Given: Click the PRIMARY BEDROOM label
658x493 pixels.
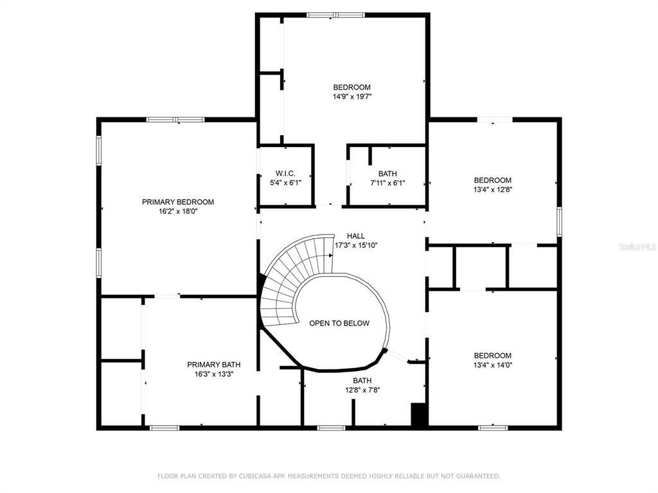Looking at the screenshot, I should pos(178,202).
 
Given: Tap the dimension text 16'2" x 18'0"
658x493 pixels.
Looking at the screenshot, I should pos(178,211).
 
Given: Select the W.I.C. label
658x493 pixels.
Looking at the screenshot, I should pos(285,173).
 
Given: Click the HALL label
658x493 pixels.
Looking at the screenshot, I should pos(356,236).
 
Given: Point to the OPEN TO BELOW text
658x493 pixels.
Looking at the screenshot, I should pos(339,323).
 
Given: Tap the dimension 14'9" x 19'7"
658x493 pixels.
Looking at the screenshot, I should pos(352,97).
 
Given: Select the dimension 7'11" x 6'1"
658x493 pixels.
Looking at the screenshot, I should pos(387,183).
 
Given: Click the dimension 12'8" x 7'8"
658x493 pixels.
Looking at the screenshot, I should pos(362,390).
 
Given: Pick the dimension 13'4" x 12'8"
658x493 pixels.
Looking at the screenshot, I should pos(493,189).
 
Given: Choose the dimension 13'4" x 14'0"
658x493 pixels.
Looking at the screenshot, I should pos(493,365).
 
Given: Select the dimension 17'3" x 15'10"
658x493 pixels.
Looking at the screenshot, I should pos(356,245).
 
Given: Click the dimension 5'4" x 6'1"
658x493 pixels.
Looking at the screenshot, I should pos(285,183).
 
